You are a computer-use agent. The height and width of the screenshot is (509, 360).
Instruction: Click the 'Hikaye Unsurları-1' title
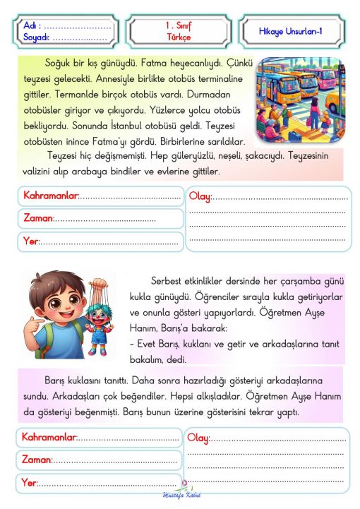point(291,31)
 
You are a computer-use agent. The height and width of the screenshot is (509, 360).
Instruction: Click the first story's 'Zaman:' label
point(38,219)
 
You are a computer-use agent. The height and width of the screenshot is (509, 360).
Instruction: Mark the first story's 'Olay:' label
point(200,196)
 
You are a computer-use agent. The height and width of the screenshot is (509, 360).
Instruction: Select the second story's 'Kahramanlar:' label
point(49,438)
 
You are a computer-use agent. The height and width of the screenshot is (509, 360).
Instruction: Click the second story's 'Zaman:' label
point(37,460)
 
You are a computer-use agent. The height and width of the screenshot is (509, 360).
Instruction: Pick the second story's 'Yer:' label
point(30,483)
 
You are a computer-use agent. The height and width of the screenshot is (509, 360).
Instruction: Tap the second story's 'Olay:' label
point(198,438)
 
